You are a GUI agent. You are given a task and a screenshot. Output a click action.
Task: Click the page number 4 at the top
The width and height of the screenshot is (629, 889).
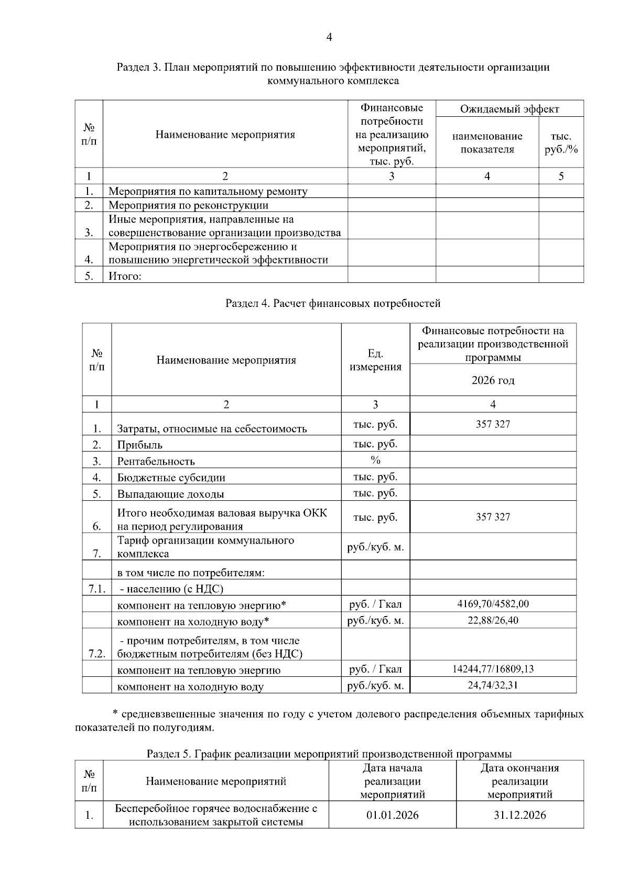coord(329,37)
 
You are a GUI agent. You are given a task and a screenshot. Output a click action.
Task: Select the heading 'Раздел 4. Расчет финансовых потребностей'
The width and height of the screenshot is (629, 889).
coord(333,303)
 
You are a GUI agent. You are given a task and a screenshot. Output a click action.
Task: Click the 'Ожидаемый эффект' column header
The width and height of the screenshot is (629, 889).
coord(509,109)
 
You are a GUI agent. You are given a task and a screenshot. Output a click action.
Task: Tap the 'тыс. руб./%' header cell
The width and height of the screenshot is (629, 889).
coord(560,143)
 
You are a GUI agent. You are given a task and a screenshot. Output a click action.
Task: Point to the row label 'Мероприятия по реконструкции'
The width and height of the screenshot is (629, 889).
coord(188,205)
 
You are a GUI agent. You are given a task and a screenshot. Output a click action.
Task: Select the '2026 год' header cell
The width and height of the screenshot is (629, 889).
coord(493,380)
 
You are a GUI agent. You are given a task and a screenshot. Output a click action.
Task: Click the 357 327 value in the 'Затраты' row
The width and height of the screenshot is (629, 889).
coord(493,424)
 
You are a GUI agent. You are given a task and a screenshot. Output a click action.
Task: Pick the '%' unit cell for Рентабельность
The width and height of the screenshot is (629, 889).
coord(375,460)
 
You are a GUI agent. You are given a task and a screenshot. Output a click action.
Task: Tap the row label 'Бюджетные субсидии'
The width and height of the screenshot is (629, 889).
coord(171,478)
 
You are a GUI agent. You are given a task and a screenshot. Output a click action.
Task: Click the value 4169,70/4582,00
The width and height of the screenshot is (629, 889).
coord(493,604)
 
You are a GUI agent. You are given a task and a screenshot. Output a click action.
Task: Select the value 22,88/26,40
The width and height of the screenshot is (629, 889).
coord(493,621)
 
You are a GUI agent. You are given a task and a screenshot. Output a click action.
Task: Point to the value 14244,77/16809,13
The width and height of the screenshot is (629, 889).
coord(493,669)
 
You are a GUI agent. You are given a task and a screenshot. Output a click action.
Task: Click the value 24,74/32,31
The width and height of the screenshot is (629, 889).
coord(493,685)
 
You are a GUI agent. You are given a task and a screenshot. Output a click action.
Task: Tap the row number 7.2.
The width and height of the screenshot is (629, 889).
coord(97,654)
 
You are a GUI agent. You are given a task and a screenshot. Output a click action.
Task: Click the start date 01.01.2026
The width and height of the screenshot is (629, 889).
coord(392,815)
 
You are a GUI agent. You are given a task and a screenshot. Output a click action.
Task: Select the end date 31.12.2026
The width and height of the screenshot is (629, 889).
coord(519,815)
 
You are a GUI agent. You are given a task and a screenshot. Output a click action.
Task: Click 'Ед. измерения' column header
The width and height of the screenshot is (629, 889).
coord(375,360)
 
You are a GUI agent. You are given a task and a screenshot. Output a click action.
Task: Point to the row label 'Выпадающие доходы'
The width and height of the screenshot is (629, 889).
coord(170,494)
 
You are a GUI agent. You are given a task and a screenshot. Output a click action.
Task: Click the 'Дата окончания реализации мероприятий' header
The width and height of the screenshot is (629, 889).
coord(519,781)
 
